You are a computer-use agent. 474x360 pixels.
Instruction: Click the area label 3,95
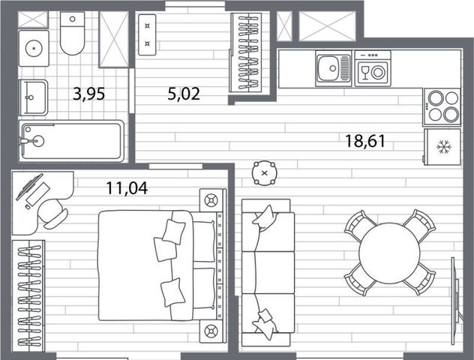coord(88,94)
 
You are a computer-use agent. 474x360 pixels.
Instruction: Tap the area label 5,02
coord(184,94)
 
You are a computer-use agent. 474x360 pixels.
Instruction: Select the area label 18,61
coord(365,141)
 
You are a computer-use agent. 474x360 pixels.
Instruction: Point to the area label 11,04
coord(127,188)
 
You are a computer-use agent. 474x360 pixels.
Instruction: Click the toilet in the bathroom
coord(72,33)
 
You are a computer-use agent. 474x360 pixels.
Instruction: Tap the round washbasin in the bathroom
coord(34,48)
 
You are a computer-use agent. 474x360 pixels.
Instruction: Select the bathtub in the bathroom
coord(72,141)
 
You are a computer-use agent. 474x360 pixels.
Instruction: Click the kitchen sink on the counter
coord(334,68)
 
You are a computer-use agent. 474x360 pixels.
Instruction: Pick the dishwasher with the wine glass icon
coord(373,68)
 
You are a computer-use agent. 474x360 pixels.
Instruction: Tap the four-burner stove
coord(442,106)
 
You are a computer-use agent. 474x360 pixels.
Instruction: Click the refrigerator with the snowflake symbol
coord(442,147)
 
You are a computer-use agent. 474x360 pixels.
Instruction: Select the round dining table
coord(390,253)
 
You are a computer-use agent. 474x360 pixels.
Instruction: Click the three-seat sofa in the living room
coord(268,272)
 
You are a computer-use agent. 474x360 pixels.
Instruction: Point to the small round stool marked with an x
coord(265,173)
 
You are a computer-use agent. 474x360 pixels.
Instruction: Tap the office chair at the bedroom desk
coord(52,214)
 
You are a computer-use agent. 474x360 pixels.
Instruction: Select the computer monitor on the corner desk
coord(29,187)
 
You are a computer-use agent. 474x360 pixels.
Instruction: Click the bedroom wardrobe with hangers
coord(28,296)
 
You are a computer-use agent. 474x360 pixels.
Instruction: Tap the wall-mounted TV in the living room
coord(456,301)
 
